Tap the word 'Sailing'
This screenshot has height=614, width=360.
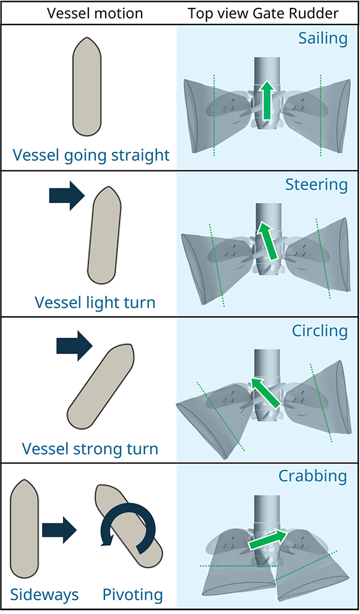(x=323, y=39)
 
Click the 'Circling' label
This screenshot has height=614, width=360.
(x=319, y=331)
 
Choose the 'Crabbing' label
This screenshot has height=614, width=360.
(x=313, y=476)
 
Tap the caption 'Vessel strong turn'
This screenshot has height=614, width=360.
(x=90, y=448)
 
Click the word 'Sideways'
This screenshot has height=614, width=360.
(x=44, y=594)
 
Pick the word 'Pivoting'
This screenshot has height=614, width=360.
(x=133, y=594)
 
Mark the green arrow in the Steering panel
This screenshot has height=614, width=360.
(x=266, y=240)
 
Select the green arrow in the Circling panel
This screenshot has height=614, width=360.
(x=265, y=392)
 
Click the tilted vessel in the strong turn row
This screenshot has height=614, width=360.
(x=100, y=384)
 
